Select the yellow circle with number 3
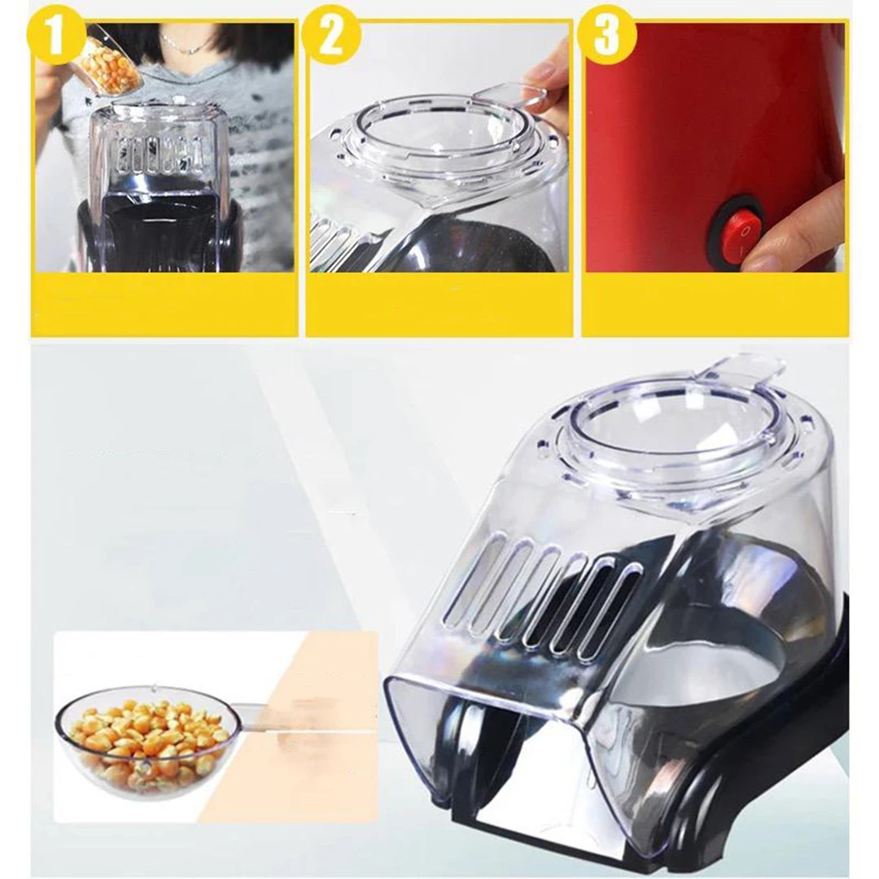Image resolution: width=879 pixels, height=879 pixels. click(x=608, y=35)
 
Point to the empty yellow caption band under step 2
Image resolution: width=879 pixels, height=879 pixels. click(x=439, y=304)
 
